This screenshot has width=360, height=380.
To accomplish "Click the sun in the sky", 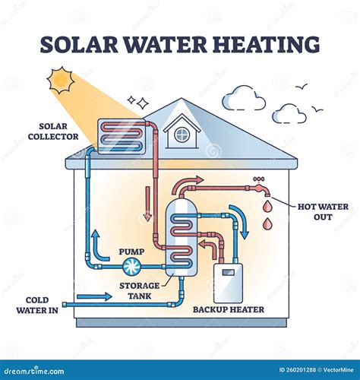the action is coord(61,80).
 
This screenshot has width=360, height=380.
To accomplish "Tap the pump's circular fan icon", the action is coord(131,267).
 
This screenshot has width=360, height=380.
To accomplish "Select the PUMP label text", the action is coord(131,252).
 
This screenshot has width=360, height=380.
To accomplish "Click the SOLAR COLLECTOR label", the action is coord(53,131).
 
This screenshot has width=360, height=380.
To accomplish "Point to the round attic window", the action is coord(182,135).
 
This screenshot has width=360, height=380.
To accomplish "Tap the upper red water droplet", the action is coord(267,207).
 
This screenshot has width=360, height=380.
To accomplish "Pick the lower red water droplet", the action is coord(267,224).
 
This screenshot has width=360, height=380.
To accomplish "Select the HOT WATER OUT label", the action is coord(323,212).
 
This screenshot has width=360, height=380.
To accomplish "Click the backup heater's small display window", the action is coord(228,273).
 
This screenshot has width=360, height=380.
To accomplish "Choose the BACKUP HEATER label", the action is coord(229,309).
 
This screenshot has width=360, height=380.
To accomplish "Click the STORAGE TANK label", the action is coord(140,291).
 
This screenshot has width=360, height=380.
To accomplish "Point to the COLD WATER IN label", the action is coord(37,306).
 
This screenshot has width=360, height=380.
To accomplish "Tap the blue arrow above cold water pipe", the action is coord(94,296).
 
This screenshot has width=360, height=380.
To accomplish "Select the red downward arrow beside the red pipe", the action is coord(147,204).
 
